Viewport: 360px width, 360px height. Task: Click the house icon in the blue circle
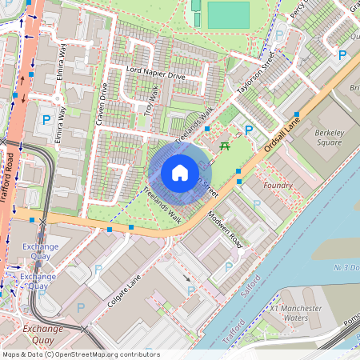[180, 173]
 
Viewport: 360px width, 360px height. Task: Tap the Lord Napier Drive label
[155, 75]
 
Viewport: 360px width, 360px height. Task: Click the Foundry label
[278, 185]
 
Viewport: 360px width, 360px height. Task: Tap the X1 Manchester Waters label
[295, 313]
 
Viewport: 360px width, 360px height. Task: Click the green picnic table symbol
[226, 146]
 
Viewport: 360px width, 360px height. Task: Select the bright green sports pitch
[228, 14]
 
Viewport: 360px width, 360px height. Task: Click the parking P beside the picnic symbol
[249, 130]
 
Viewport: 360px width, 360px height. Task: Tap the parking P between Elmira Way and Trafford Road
[46, 120]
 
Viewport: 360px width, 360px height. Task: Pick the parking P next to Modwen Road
[229, 266]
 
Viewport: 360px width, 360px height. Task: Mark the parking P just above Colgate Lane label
[98, 270]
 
